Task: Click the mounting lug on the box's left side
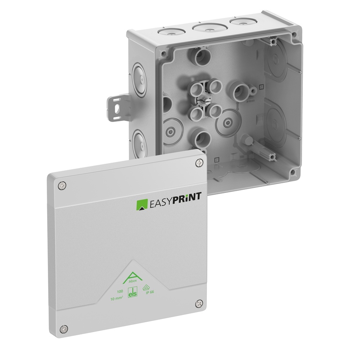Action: (x=116, y=107)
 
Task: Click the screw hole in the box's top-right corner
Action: (x=294, y=35)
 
